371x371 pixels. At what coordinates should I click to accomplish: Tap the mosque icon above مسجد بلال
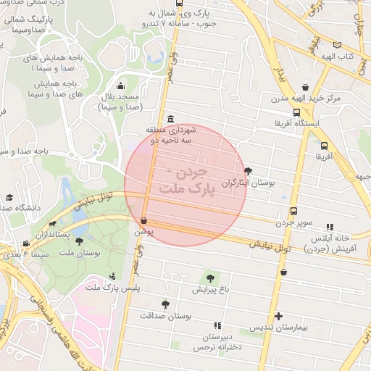coord(120,86)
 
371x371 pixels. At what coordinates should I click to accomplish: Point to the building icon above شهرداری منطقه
coord(170,119)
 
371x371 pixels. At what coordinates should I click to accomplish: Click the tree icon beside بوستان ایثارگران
coord(249,171)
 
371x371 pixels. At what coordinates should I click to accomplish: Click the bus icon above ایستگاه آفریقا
coord(296,112)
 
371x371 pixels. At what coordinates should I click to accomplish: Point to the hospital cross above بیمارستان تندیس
coord(278,316)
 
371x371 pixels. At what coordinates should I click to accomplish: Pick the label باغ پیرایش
coord(209,289)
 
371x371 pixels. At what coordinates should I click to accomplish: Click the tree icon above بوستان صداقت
coord(165,304)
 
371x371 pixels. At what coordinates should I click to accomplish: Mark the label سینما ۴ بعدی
coord(19,254)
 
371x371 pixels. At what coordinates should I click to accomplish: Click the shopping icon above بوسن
coord(143,220)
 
